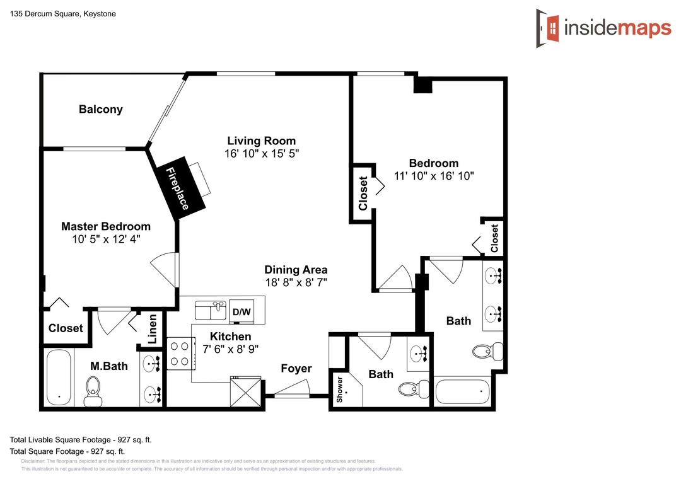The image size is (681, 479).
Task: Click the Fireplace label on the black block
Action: pyautogui.click(x=178, y=188)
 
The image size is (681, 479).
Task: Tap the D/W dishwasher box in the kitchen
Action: pyautogui.click(x=242, y=311)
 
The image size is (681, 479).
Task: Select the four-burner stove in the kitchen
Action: pyautogui.click(x=180, y=354)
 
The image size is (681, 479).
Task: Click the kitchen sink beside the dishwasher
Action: pyautogui.click(x=211, y=310)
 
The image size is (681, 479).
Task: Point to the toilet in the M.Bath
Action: pyautogui.click(x=93, y=391)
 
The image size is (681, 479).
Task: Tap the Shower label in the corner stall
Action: pyautogui.click(x=340, y=390)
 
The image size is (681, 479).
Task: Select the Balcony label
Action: pyautogui.click(x=101, y=109)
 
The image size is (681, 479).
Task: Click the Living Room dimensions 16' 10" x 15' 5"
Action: pyautogui.click(x=262, y=153)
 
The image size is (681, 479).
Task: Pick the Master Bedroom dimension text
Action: pyautogui.click(x=106, y=239)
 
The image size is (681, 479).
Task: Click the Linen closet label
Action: pyautogui.click(x=152, y=329)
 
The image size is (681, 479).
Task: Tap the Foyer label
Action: pyautogui.click(x=296, y=368)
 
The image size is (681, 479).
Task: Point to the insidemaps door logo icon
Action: pyautogui.click(x=547, y=28)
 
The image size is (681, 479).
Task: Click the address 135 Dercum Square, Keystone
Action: pyautogui.click(x=63, y=13)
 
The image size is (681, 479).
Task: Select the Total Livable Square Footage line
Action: pyautogui.click(x=81, y=439)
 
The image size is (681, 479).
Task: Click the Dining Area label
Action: pyautogui.click(x=296, y=270)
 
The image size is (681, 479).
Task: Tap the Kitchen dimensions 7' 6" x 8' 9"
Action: pyautogui.click(x=231, y=349)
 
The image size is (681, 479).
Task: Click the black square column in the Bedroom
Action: pyautogui.click(x=422, y=84)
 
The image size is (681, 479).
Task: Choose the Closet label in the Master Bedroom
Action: pyautogui.click(x=66, y=328)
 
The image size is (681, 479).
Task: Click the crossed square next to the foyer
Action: pyautogui.click(x=246, y=392)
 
